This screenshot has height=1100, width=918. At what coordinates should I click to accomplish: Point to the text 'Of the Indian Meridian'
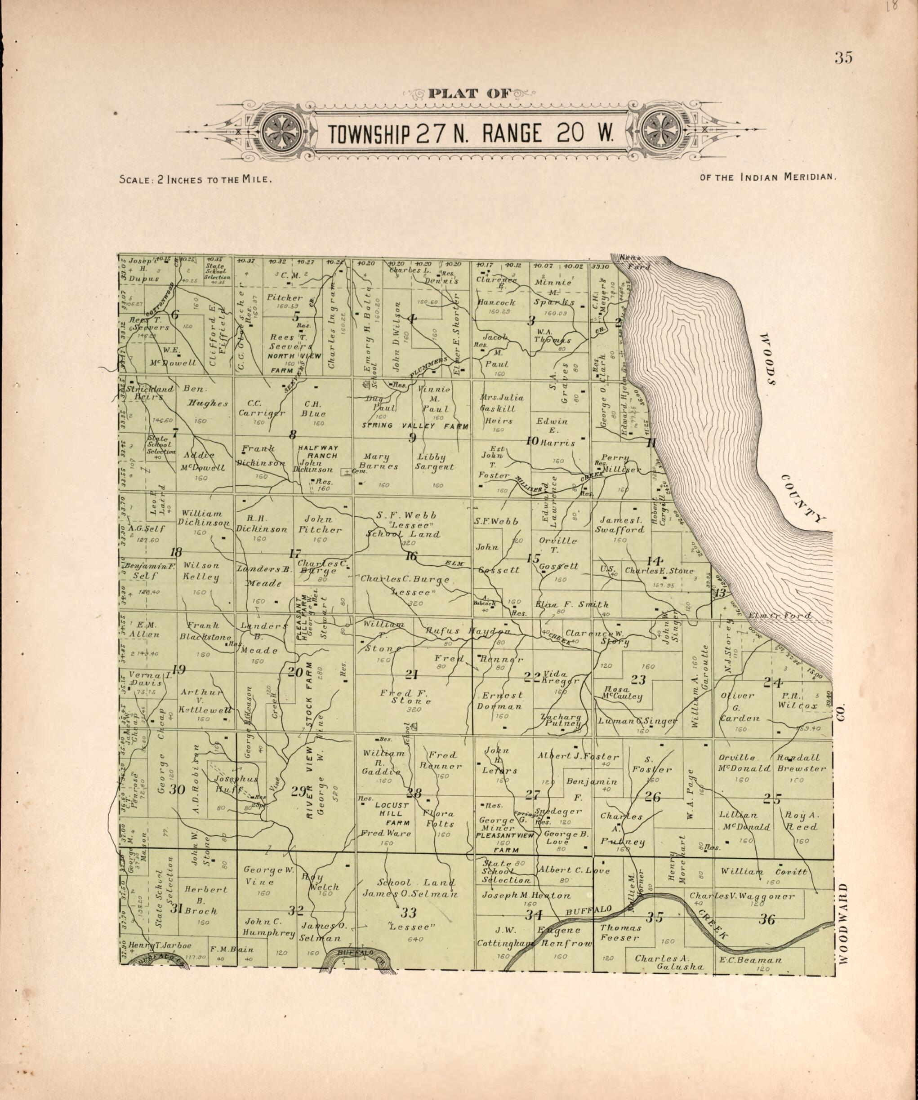click(767, 177)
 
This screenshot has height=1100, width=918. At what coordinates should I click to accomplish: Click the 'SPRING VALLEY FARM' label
click(415, 426)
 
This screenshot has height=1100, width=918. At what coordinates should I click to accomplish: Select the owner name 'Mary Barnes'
click(379, 461)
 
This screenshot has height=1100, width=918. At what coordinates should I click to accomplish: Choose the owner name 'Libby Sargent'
click(434, 461)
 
